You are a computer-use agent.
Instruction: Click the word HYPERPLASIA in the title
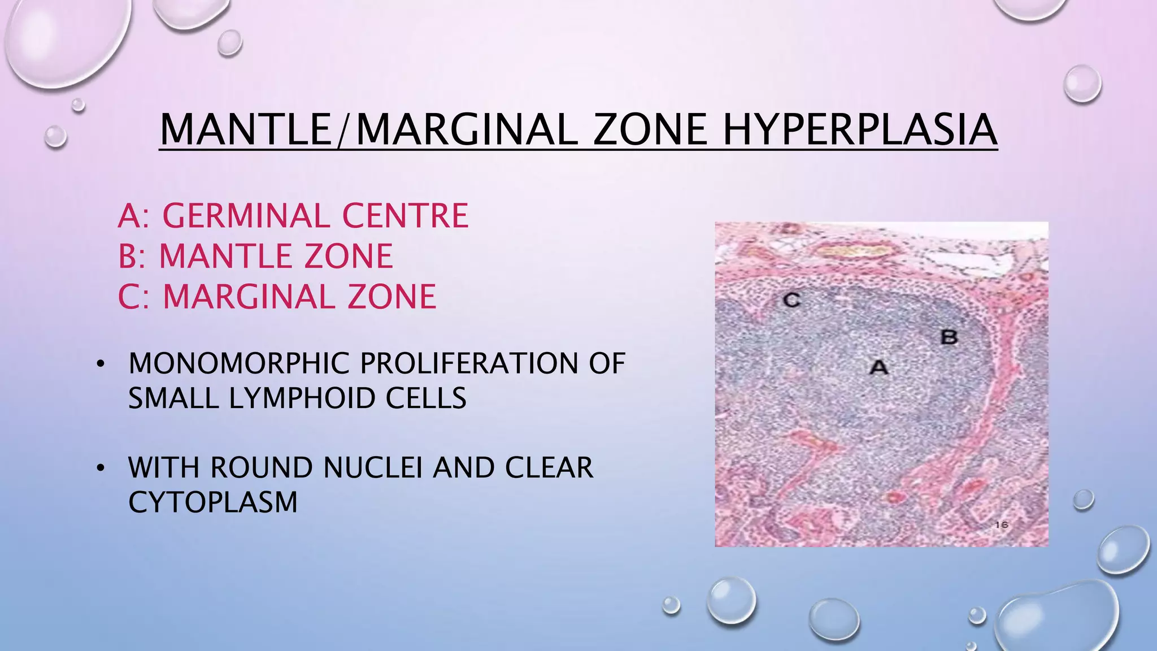[860, 130]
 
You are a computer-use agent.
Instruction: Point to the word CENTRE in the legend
[405, 216]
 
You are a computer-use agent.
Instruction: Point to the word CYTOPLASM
[212, 502]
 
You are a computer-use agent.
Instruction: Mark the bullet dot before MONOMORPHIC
[101, 364]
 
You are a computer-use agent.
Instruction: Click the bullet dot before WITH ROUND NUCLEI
[101, 468]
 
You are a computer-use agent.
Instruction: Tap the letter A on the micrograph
[878, 367]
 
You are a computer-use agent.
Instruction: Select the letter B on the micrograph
[949, 337]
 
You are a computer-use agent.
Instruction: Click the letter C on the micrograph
[791, 300]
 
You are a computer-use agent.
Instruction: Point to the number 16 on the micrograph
[1002, 525]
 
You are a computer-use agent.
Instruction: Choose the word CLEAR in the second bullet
[549, 468]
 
